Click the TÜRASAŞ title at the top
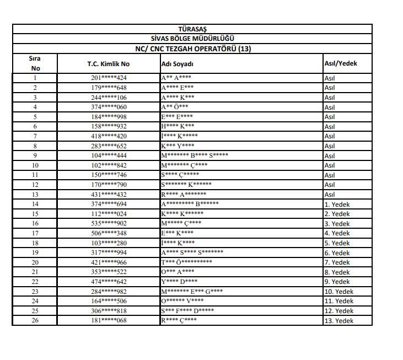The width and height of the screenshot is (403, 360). (192, 29)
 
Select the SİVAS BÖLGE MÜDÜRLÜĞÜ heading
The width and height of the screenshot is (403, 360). (192, 39)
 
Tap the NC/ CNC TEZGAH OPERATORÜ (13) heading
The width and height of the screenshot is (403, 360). (192, 49)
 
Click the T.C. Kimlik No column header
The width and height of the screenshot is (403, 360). (108, 63)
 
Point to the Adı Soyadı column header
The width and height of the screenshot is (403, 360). (177, 64)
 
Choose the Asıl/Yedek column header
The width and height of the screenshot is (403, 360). (341, 63)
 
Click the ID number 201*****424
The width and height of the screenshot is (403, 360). (109, 78)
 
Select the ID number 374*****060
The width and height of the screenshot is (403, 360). (109, 107)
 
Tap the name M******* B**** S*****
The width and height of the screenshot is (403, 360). (195, 155)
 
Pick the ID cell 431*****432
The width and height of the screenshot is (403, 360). (109, 195)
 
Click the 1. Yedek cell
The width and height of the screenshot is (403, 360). (337, 205)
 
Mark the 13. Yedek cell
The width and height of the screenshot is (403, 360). (338, 321)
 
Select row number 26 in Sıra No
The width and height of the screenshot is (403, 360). (35, 320)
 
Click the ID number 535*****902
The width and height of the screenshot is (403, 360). (109, 224)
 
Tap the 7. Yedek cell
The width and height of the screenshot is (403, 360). (337, 262)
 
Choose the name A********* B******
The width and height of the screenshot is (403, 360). (190, 204)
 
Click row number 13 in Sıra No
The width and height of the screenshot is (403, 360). (35, 195)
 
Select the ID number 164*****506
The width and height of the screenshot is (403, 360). (109, 301)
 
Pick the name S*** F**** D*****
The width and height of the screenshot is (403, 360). (187, 311)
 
